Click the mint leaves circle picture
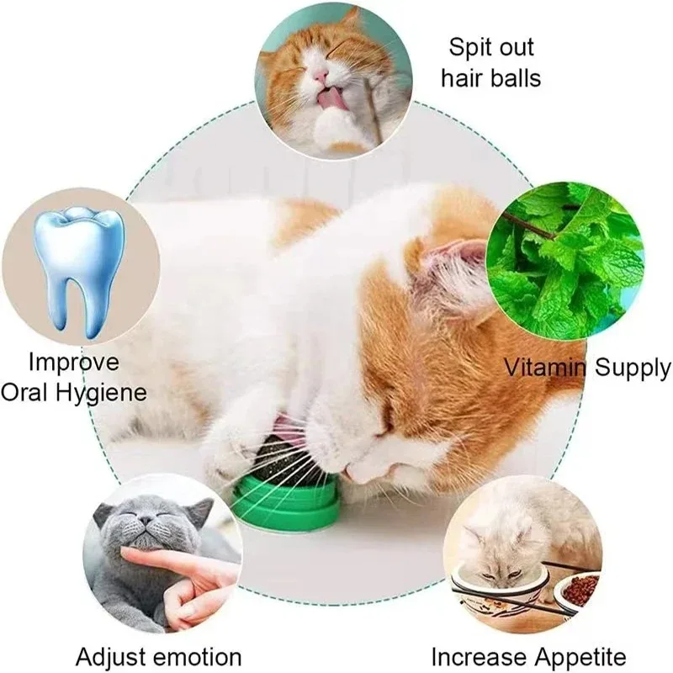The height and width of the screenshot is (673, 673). (564, 260)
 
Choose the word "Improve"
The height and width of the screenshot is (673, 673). (74, 363)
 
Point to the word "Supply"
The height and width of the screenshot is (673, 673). (631, 368)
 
